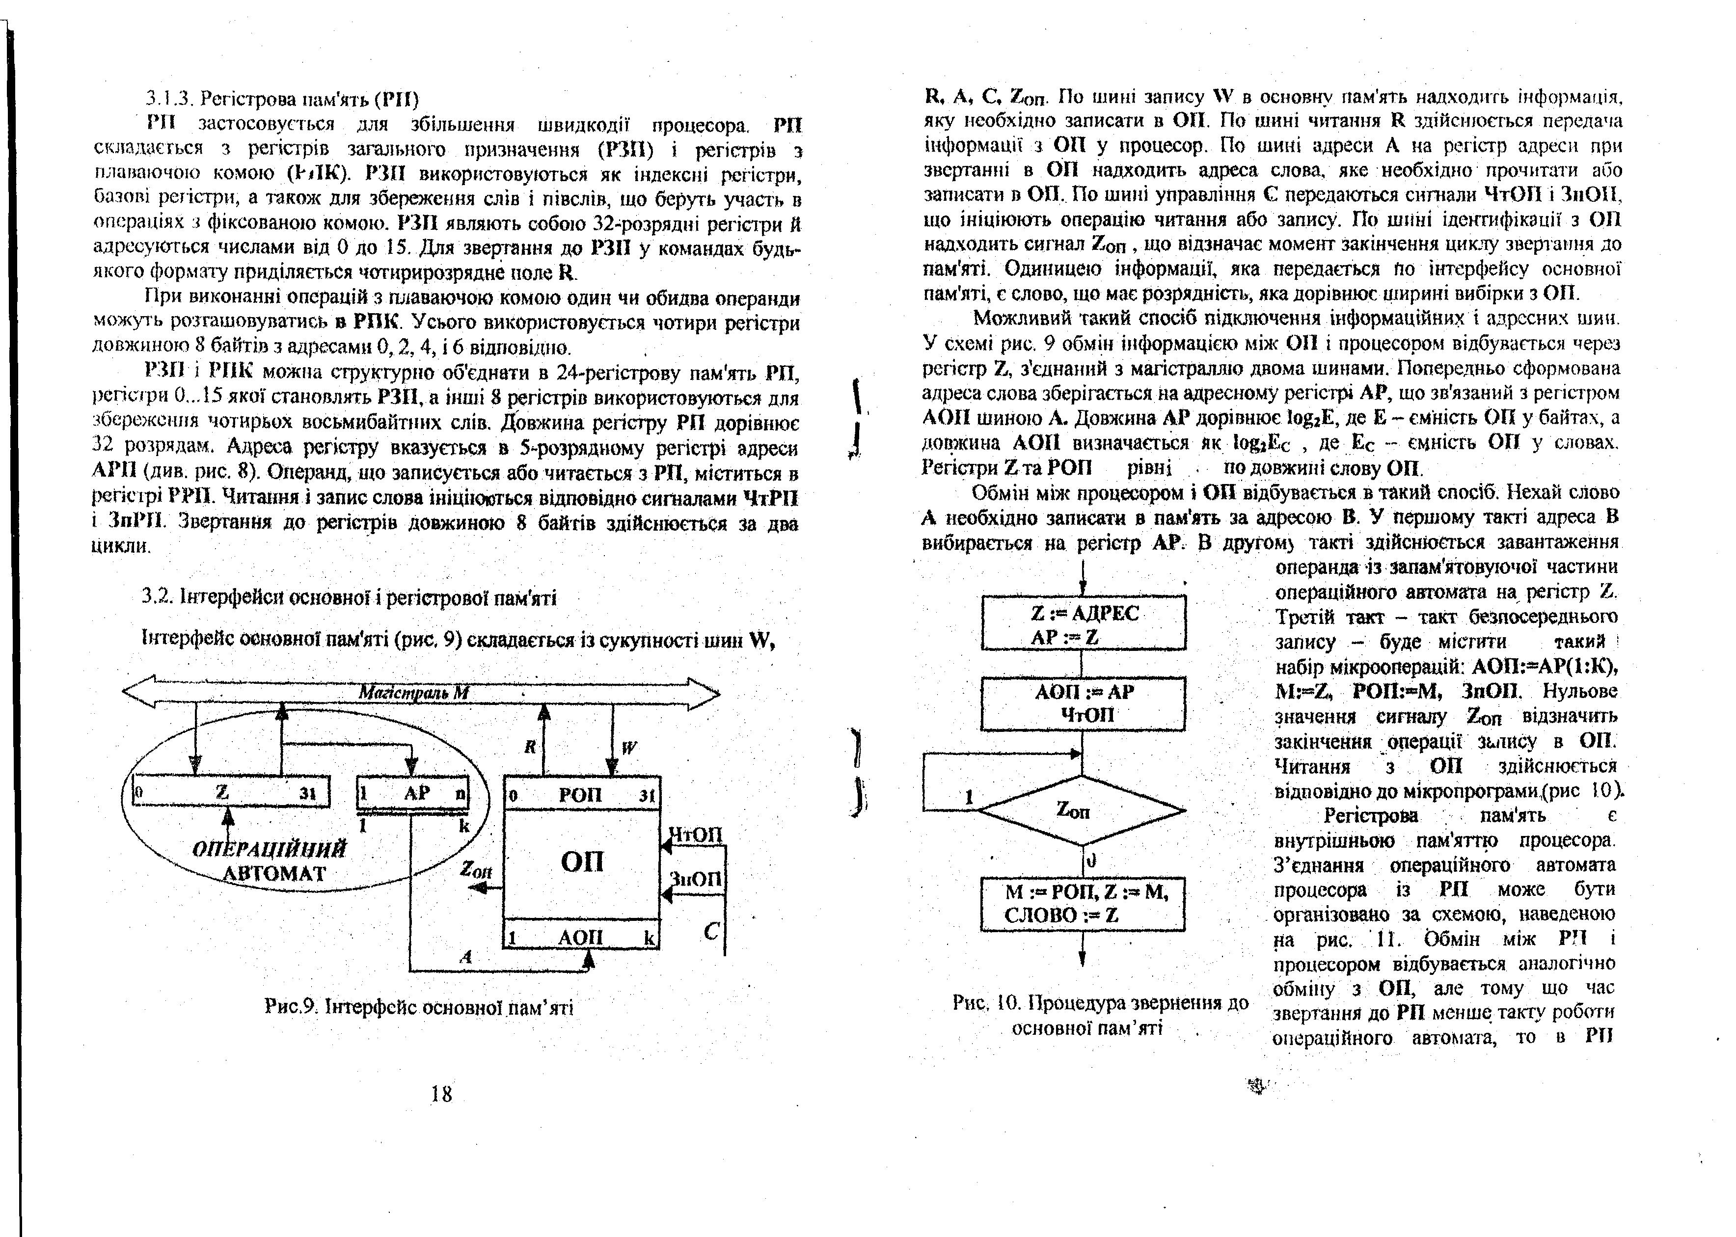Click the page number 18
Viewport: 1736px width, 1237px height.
point(441,1094)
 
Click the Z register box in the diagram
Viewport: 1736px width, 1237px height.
point(231,791)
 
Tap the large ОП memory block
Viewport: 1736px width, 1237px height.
point(581,862)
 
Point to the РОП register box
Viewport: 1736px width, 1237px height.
point(581,794)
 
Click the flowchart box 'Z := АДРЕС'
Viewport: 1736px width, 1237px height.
point(1083,623)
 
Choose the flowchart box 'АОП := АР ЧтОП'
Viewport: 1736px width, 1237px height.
point(1083,703)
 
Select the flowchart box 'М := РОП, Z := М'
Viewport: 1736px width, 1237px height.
point(1083,903)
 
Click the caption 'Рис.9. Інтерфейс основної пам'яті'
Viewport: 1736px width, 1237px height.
point(418,1008)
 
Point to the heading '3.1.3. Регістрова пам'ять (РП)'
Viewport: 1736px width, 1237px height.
point(282,99)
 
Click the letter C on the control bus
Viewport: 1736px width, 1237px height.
point(711,931)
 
